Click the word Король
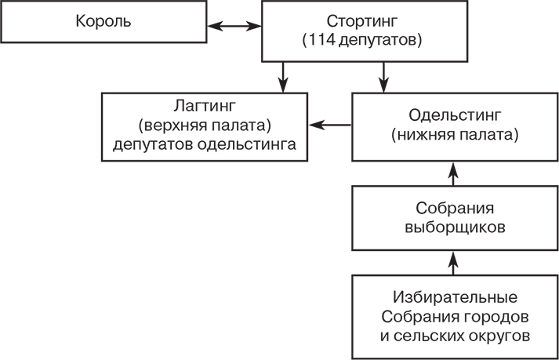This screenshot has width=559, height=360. pos(103,22)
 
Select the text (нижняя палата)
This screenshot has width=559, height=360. pos(453,134)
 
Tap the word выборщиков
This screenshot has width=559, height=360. pos(454,227)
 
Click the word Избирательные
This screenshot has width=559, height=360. pos(454,299)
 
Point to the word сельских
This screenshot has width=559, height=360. pos(445,336)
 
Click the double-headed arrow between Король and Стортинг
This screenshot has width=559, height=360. pos(235,25)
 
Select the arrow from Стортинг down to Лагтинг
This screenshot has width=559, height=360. pos(283,77)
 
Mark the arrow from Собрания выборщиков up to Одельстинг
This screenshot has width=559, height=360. pos(453,171)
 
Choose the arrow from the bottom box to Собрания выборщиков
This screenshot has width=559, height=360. pos(453,262)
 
